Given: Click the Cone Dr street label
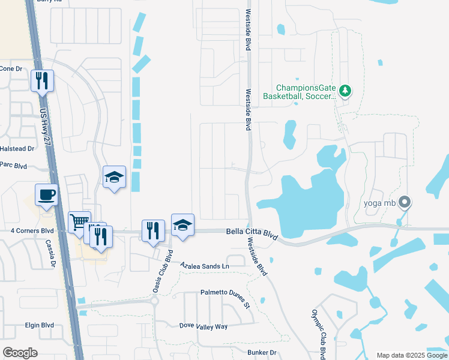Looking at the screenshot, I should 11,68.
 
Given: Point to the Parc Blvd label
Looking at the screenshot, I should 13,164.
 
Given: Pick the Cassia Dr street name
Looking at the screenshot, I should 50,253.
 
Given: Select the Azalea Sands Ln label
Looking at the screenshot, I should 204,265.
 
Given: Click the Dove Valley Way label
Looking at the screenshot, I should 203,326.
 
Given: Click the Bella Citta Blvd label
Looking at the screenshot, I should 252,233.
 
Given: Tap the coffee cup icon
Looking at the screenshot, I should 47,195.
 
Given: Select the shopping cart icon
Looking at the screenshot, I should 79,222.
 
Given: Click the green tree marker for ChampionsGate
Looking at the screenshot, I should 345,91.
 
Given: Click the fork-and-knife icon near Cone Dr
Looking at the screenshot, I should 42,80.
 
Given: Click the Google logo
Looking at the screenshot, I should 20,353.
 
